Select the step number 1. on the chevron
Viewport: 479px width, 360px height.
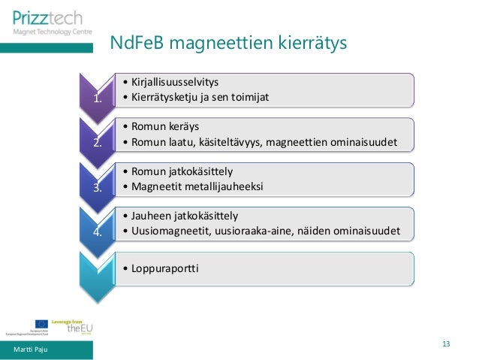[96, 98]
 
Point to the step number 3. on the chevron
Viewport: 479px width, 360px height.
[96, 188]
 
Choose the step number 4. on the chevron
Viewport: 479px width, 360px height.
[96, 232]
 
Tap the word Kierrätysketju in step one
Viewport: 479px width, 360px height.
[163, 98]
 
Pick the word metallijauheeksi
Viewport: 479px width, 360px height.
[224, 187]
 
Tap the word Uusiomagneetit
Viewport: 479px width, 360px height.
[169, 231]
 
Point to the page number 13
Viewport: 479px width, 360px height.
[446, 344]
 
